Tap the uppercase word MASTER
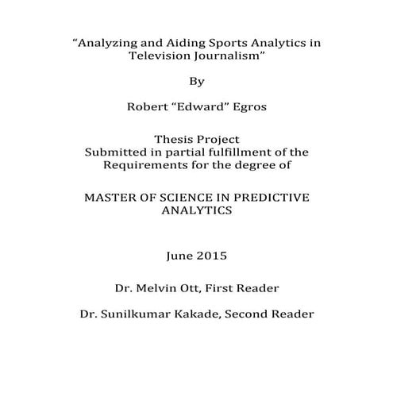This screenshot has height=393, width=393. pyautogui.click(x=112, y=198)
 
